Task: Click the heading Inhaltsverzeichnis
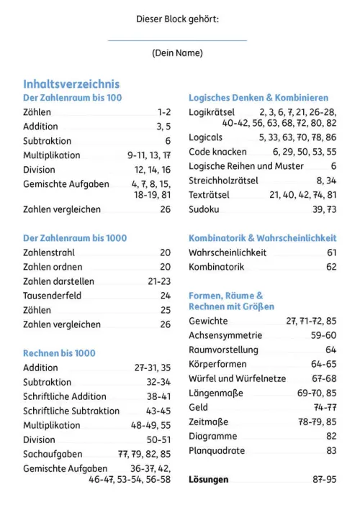(x=71, y=84)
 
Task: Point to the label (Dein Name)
(x=177, y=53)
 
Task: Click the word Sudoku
(x=204, y=209)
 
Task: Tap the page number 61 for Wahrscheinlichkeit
(x=331, y=252)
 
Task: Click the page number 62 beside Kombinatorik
(x=331, y=267)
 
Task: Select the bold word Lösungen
(x=209, y=479)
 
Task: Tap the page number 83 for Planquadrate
(x=331, y=450)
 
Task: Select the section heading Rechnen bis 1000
(x=59, y=353)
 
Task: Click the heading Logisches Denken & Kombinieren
(x=258, y=98)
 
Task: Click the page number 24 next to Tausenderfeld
(x=166, y=296)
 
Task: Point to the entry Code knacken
(x=217, y=152)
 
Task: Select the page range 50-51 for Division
(x=158, y=440)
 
